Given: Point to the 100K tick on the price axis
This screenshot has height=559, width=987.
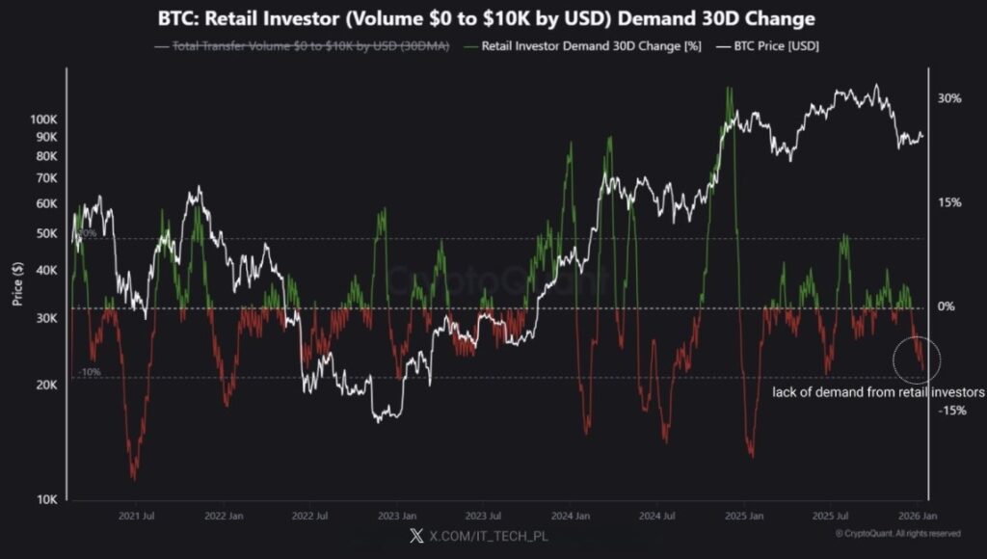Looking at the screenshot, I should [44, 120].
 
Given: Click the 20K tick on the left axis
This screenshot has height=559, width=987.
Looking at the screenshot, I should [46, 386].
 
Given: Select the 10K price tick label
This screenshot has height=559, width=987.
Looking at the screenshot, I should [46, 499].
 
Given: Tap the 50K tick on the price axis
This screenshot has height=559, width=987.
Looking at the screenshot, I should [46, 233].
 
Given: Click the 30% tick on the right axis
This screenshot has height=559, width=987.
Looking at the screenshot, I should [949, 98].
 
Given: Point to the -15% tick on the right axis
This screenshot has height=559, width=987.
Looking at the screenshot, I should [951, 411].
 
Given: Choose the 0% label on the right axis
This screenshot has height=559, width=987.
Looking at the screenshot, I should [947, 306].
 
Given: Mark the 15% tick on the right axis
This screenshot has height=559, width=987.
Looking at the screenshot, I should [949, 202].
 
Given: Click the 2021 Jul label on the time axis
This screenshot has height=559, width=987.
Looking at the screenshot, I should [137, 517].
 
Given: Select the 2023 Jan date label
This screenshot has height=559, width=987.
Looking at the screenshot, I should [396, 517].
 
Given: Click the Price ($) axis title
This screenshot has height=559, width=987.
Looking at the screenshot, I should [17, 285].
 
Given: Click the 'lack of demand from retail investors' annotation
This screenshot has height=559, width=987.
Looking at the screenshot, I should [878, 393].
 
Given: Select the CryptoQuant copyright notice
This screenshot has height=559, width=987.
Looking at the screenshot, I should [897, 533].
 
